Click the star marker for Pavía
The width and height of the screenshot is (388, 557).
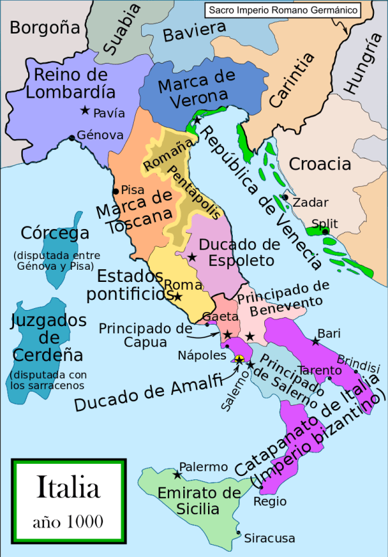pos(85,110)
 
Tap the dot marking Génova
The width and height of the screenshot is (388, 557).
pos(72,139)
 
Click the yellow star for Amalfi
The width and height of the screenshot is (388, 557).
pos(239,360)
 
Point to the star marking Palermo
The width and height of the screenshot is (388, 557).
pos(177,475)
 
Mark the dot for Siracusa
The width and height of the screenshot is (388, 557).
pos(239,533)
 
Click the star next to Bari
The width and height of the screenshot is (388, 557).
pos(315,341)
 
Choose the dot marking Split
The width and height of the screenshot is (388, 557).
pos(325,232)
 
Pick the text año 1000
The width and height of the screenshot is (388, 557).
pos(69,520)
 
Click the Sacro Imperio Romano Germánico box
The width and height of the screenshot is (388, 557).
pos(280,10)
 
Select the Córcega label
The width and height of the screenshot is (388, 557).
pos(55,233)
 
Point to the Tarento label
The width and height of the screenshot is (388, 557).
pos(317,370)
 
